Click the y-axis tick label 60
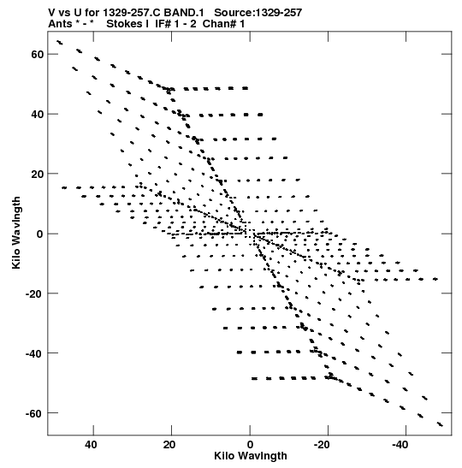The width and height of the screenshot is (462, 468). pos(37,54)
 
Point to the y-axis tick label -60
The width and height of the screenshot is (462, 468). pos(34,413)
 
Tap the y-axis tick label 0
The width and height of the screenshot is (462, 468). pos(40,234)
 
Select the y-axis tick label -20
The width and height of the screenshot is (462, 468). pos(34,293)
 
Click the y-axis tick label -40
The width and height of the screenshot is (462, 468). pos(34,353)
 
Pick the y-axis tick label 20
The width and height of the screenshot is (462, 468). pos(37,174)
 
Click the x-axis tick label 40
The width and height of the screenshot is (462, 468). pos(91,444)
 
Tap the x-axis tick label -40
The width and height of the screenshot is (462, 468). pos(400,444)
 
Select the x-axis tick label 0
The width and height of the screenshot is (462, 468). pos(250,444)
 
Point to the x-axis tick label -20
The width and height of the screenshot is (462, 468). pos(322,444)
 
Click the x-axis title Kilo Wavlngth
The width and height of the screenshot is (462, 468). pos(251,456)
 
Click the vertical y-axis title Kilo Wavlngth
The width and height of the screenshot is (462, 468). pos(16,233)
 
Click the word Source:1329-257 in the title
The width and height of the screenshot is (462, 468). pos(258,13)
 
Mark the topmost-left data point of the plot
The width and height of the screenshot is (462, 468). pos(60,43)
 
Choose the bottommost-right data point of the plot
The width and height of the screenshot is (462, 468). pos(440,424)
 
